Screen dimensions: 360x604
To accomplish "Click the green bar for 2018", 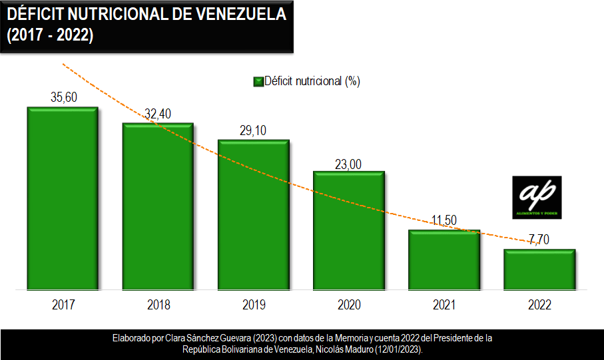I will [x=158, y=206].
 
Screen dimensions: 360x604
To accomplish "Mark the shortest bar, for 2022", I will [x=539, y=270].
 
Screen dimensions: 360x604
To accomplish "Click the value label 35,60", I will [x=64, y=97].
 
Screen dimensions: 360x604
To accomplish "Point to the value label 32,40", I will [x=158, y=114].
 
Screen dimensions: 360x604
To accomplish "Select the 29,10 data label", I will [x=253, y=130].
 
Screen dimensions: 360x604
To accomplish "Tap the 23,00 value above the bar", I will [x=348, y=162].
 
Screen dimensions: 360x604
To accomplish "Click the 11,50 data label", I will [x=444, y=221].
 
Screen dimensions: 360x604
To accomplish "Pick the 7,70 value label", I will [x=539, y=240].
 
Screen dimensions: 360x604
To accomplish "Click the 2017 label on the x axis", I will [x=63, y=305].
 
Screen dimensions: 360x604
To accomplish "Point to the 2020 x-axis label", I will [x=349, y=305].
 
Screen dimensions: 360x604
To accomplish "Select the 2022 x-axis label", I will [x=539, y=305].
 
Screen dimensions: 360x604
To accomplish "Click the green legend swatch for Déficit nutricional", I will [x=258, y=82].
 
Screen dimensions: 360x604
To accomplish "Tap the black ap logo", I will [x=537, y=198].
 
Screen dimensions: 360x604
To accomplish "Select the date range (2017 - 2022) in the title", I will [x=50, y=36].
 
